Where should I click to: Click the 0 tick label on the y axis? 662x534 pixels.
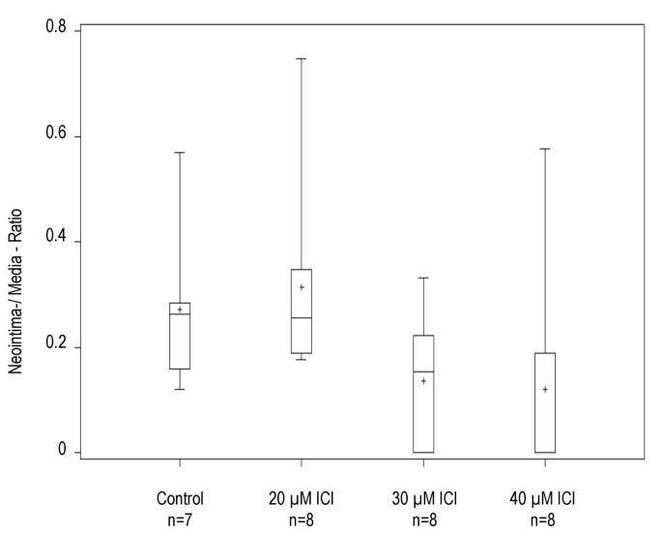[x=60, y=452]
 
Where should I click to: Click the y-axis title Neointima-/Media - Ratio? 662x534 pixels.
[x=16, y=241]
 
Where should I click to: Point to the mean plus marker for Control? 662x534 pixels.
[x=180, y=310]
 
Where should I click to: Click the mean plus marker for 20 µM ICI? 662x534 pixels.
[x=302, y=287]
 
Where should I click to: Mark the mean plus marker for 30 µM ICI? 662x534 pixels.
[x=423, y=381]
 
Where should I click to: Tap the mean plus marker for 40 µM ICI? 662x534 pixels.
[x=545, y=390]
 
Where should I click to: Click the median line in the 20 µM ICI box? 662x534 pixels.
[x=302, y=317]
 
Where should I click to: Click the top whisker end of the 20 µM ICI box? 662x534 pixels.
[x=302, y=59]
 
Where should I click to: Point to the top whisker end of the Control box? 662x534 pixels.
[x=180, y=153]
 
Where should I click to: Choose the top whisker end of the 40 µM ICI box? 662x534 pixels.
[x=545, y=149]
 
